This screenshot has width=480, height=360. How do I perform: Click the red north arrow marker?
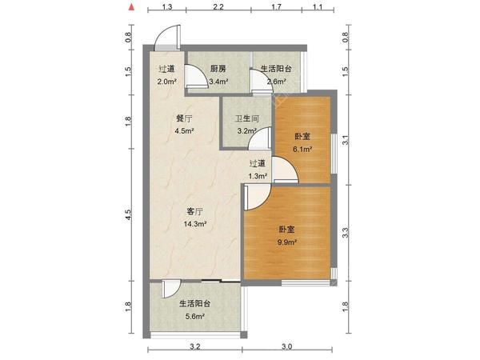tap(130, 9)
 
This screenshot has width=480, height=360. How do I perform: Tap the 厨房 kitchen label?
tap(218, 69)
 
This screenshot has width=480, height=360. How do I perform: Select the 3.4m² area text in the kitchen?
tap(218, 81)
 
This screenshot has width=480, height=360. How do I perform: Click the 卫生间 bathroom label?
tap(246, 119)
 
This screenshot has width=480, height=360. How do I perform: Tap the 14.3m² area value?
tap(196, 224)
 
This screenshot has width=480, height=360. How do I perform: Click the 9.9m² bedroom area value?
tap(287, 242)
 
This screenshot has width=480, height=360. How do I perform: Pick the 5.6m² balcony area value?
tap(195, 317)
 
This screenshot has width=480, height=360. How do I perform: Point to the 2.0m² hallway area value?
tap(166, 81)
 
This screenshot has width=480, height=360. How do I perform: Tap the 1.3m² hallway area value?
tap(257, 175)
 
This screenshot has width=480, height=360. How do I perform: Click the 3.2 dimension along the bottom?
tap(194, 348)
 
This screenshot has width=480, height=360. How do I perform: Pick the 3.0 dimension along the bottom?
tap(288, 348)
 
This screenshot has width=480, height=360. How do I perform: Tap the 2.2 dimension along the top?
tap(218, 8)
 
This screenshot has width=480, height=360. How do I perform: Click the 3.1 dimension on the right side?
tap(346, 140)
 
